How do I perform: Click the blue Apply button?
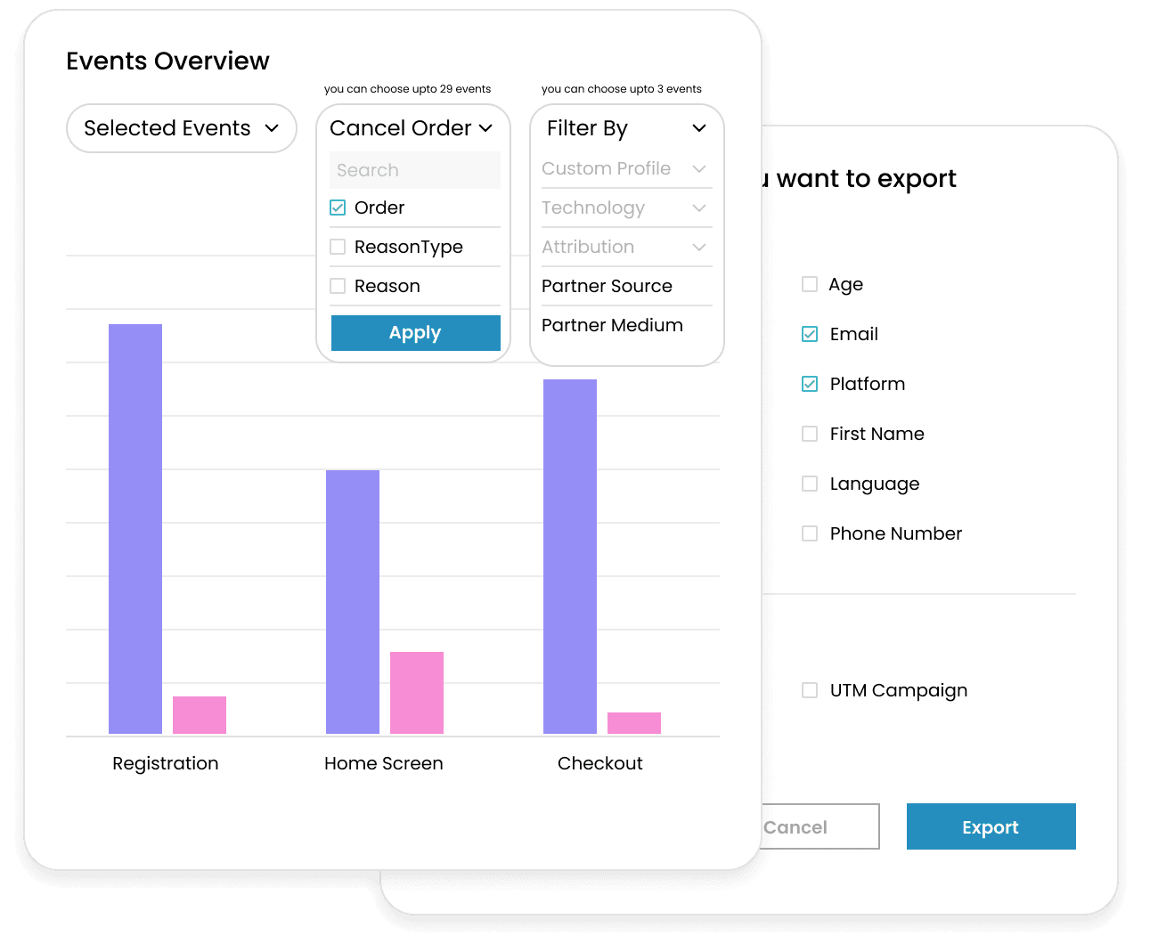(415, 333)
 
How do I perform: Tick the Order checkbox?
(338, 208)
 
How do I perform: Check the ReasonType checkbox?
(338, 247)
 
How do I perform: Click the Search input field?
(415, 170)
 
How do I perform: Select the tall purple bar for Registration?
(135, 529)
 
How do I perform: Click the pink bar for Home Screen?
(417, 693)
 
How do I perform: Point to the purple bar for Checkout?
(570, 557)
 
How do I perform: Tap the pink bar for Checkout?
(634, 723)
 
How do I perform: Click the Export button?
(991, 826)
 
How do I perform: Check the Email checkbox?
(810, 334)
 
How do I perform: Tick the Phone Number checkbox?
(810, 533)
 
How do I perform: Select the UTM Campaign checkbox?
(810, 690)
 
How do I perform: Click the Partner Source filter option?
(607, 286)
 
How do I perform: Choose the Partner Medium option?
(612, 325)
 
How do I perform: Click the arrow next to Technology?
(699, 208)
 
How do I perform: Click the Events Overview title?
(167, 61)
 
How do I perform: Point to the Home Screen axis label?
(383, 763)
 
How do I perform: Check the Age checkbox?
(810, 284)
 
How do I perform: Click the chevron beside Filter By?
(699, 128)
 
